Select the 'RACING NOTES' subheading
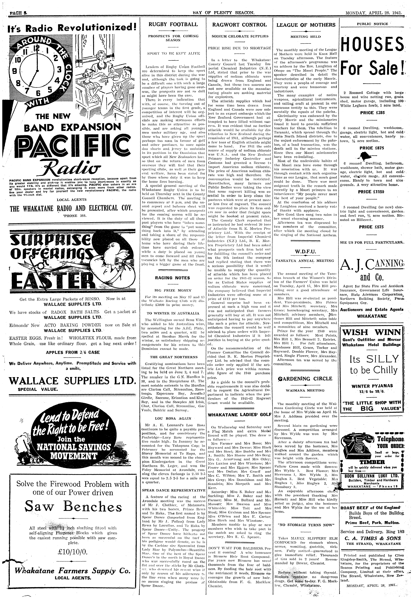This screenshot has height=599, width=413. click(x=173, y=278)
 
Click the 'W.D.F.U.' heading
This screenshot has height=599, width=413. click(x=306, y=252)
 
